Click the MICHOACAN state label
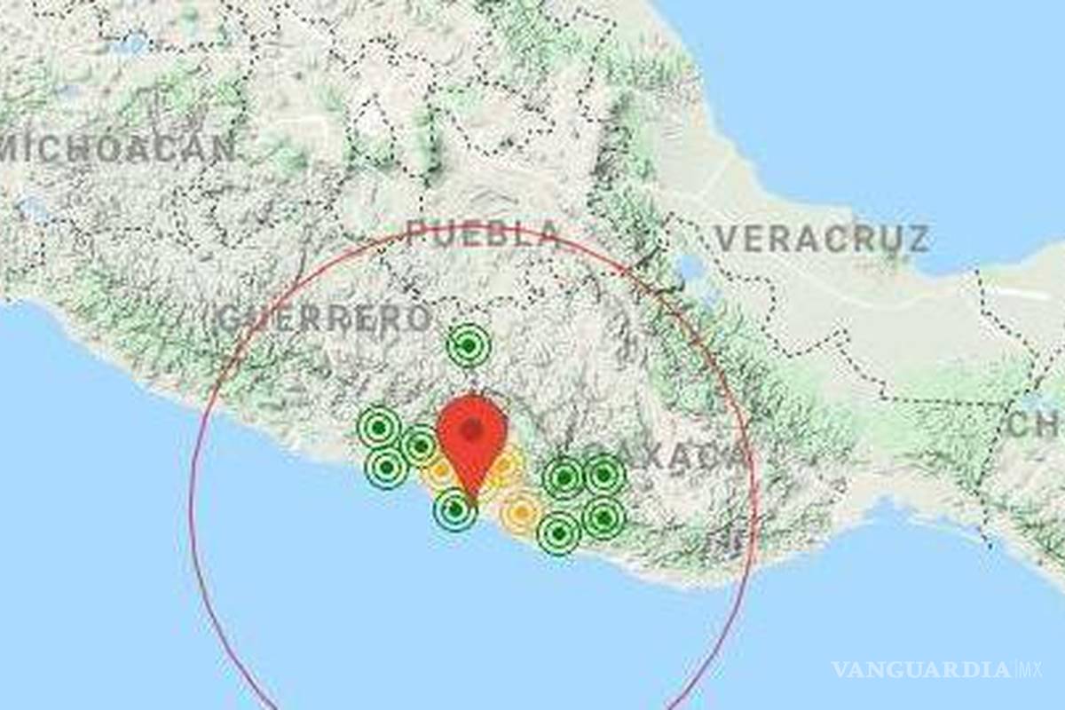(120, 149)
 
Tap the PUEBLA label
(484, 233)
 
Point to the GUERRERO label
(325, 319)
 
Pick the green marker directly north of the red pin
(469, 344)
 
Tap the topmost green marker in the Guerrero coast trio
(379, 428)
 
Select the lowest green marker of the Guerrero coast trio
(387, 467)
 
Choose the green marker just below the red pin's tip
(455, 509)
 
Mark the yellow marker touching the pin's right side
(506, 468)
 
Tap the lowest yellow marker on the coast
(521, 512)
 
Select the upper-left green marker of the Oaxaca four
(564, 478)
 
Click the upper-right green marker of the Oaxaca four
(604, 475)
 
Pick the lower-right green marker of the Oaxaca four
(603, 517)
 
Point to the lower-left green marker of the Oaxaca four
(559, 533)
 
